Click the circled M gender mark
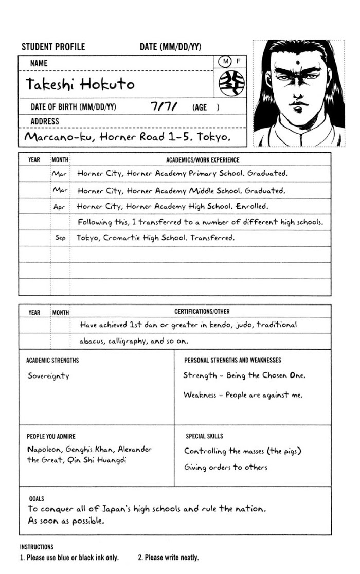click(x=225, y=62)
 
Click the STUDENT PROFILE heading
click(x=53, y=47)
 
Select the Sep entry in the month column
click(x=60, y=238)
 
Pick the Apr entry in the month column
click(x=60, y=207)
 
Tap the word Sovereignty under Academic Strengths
click(x=48, y=376)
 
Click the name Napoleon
click(x=45, y=449)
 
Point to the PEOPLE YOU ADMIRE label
click(x=51, y=436)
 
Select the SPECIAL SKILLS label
click(x=204, y=436)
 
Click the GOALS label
click(x=37, y=498)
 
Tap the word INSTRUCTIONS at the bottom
click(x=37, y=547)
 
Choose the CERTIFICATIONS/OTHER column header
click(x=202, y=312)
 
